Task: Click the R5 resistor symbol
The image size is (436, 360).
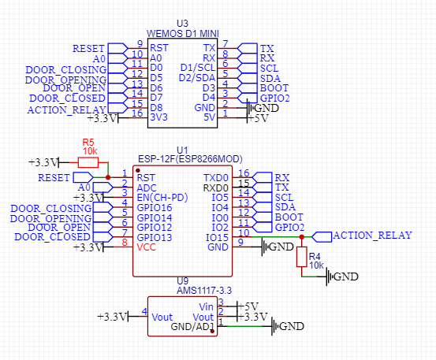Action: click(88, 162)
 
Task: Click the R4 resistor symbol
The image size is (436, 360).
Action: click(302, 257)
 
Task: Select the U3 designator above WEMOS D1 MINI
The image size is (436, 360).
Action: click(182, 24)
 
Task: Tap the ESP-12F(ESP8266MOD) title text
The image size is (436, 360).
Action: click(190, 159)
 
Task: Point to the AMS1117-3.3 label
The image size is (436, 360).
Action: click(204, 291)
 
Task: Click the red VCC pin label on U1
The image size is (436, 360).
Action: click(147, 247)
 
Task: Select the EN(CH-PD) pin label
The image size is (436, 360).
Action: click(162, 198)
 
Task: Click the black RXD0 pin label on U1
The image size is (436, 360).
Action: click(216, 188)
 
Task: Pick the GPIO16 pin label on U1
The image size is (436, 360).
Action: click(155, 208)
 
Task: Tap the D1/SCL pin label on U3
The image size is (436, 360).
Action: click(198, 68)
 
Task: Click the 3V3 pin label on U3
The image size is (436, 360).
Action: click(158, 117)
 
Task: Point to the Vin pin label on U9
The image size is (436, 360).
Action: click(206, 307)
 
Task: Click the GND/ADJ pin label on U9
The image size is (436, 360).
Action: click(192, 327)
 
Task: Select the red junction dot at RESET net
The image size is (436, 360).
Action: click(108, 177)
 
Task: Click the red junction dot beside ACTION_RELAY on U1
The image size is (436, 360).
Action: click(302, 237)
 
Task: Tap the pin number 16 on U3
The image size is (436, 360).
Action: click(137, 113)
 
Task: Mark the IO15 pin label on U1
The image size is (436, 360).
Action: click(217, 238)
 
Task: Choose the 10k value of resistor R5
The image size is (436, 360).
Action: click(90, 151)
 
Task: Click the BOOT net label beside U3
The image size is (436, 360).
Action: click(274, 88)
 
